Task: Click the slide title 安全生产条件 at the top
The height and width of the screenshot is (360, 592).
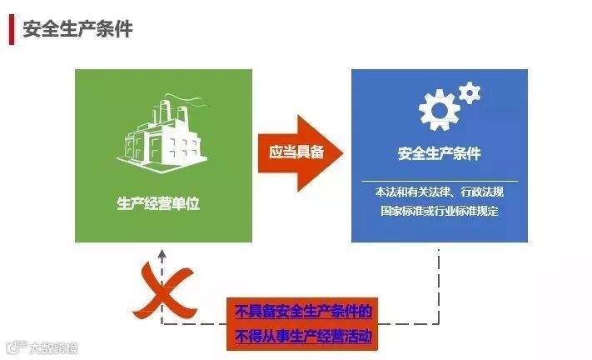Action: tap(77, 28)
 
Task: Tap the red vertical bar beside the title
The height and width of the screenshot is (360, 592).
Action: tap(11, 29)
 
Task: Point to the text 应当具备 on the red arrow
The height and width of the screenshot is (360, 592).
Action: tap(296, 152)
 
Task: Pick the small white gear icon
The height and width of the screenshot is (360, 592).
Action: tap(470, 91)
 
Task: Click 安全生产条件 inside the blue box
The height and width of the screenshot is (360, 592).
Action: tap(439, 154)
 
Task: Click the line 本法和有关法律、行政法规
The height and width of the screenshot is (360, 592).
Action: tap(439, 192)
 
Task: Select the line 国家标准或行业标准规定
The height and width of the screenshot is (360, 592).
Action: tap(439, 211)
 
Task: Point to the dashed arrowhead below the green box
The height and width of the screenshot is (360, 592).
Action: tap(162, 252)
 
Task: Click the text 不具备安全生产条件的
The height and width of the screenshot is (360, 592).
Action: tap(303, 312)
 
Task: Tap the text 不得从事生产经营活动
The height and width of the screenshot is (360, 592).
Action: tap(303, 337)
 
